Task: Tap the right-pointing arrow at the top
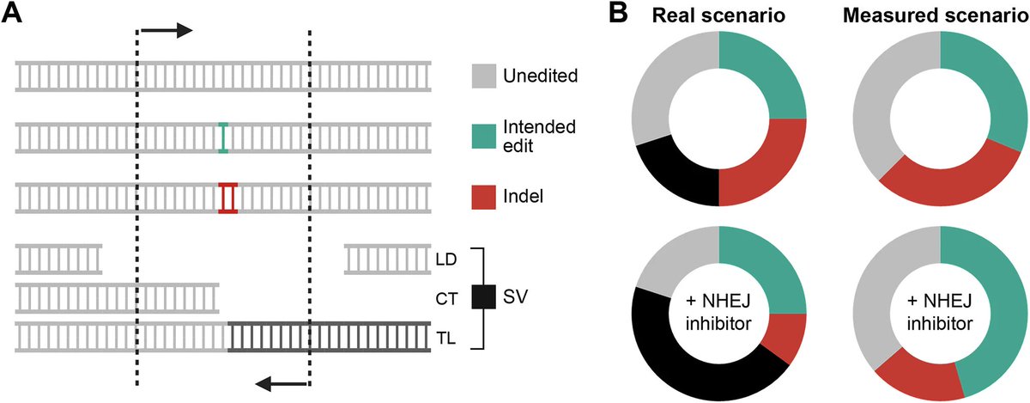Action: tap(167, 31)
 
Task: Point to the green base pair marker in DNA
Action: tap(223, 137)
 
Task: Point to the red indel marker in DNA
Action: tap(227, 198)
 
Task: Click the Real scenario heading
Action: tap(718, 15)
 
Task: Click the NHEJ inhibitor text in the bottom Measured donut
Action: tap(941, 314)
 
